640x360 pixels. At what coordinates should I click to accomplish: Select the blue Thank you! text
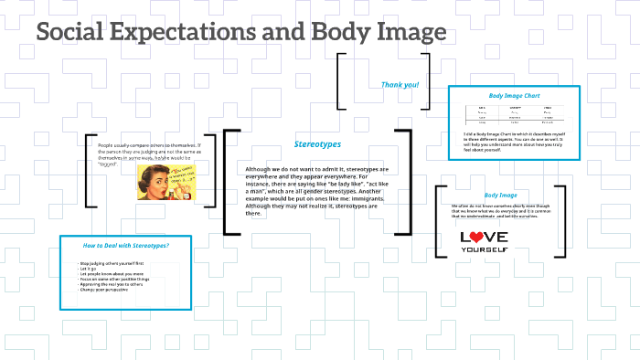tap(400, 85)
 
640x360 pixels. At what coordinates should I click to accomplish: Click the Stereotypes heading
tap(317, 144)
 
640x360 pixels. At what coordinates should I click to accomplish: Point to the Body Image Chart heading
tap(514, 95)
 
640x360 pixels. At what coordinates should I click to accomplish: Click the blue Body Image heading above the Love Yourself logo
tap(501, 196)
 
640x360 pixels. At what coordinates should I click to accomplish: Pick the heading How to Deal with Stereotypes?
tap(125, 245)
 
